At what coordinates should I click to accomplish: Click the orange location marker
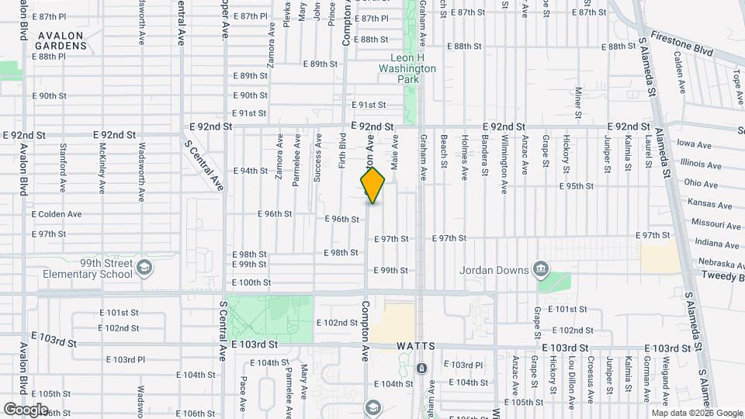(373, 185)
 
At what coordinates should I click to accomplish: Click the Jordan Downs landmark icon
(541, 271)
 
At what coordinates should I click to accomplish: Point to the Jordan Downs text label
(494, 271)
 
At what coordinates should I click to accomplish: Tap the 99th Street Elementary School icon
(144, 268)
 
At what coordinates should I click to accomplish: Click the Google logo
(26, 409)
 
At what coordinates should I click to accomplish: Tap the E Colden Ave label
(57, 214)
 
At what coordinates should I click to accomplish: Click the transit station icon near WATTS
(421, 368)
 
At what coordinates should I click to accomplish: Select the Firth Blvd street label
(341, 151)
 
